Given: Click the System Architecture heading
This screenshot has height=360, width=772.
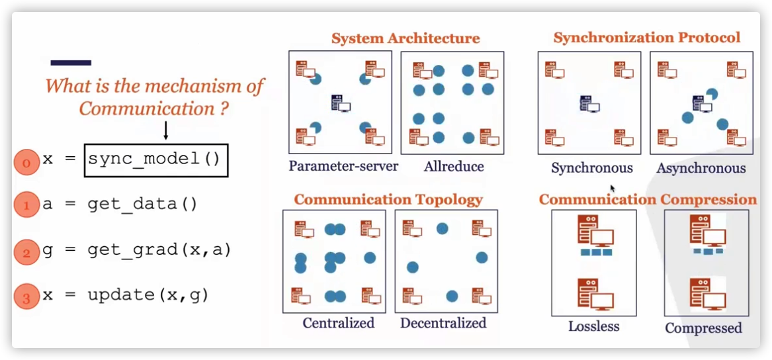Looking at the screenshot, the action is click(x=406, y=38).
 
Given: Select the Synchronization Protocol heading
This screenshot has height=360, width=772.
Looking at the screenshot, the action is click(x=647, y=38).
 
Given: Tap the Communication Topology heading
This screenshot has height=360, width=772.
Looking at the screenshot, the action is click(x=388, y=199).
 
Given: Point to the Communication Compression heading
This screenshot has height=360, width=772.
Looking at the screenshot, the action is click(x=648, y=199).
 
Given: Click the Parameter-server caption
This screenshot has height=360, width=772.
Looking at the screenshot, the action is click(x=343, y=166).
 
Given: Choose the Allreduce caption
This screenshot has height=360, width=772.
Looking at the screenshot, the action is click(x=453, y=167).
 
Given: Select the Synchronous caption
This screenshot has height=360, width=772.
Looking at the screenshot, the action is click(x=592, y=168).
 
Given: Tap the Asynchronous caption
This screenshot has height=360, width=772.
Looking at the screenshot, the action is click(x=701, y=169).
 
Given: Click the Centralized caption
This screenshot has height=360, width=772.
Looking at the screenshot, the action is click(x=338, y=323).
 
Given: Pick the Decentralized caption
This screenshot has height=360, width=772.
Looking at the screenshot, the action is click(x=443, y=323).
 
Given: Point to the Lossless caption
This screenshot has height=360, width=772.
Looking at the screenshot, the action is click(x=594, y=326).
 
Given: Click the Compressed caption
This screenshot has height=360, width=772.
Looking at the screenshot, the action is click(x=703, y=328).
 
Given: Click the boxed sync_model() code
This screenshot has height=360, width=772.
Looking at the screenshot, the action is click(x=156, y=159).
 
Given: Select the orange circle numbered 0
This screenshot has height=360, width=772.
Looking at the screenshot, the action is click(x=26, y=163).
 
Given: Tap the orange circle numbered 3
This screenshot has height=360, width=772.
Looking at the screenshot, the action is click(x=26, y=297).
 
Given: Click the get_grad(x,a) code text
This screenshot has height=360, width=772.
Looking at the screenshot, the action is click(x=159, y=250).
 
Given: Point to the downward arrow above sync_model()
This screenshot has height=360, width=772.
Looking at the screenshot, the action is click(x=165, y=130).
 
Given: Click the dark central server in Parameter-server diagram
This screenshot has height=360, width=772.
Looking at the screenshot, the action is click(x=340, y=103).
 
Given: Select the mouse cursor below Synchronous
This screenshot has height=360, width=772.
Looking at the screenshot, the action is click(x=613, y=189).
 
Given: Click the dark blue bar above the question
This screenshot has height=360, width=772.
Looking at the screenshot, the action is click(x=71, y=63).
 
